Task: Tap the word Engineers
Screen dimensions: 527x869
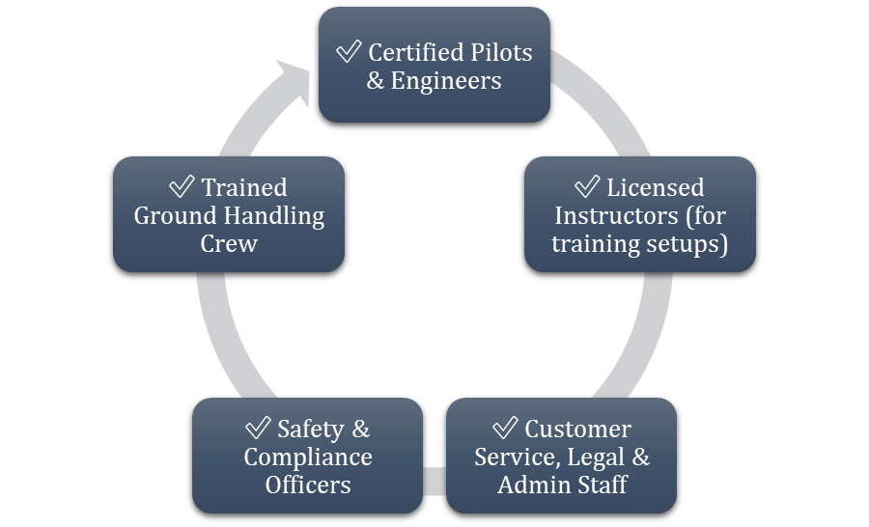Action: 445,80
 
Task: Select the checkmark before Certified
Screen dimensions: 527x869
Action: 349,51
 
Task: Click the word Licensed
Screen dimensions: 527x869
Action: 656,187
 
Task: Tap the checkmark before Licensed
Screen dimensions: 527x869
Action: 587,186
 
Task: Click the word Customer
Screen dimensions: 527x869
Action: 577,429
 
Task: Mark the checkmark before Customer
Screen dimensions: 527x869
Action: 505,428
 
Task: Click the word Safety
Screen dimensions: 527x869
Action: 310,429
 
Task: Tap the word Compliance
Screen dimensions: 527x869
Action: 307,457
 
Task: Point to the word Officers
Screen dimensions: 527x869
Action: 307,485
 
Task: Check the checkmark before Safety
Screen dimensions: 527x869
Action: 258,428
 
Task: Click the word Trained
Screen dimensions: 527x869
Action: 244,187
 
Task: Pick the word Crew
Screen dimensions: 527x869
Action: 229,243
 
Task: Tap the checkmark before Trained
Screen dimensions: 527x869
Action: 182,186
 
